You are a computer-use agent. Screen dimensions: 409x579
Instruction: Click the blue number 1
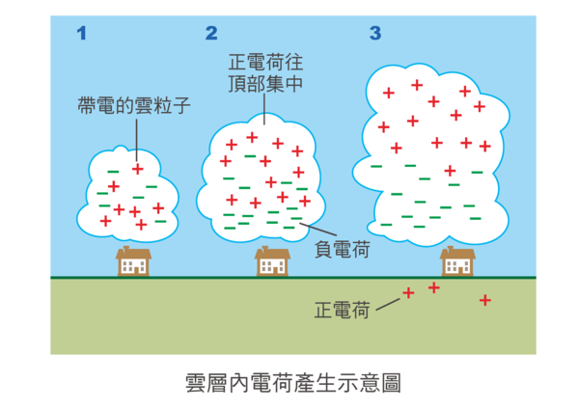(x=82, y=34)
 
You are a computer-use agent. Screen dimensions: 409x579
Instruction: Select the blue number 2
(x=211, y=34)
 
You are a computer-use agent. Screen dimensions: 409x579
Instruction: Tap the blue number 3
(x=374, y=34)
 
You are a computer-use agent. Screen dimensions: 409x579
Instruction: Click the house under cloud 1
(x=134, y=261)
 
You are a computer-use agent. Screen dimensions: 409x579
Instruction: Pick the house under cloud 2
(x=273, y=261)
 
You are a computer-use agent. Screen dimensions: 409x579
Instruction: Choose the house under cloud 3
(x=456, y=261)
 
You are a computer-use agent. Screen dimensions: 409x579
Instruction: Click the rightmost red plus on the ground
(x=485, y=301)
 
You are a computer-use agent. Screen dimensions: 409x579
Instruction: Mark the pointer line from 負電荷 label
(x=315, y=232)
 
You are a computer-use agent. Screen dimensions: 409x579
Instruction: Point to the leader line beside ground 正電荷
(x=386, y=303)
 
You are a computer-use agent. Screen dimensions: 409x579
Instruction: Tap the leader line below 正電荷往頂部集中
(x=262, y=108)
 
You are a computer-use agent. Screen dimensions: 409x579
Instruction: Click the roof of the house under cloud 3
(x=456, y=252)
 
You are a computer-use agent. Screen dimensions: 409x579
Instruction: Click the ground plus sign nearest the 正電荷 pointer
(x=408, y=292)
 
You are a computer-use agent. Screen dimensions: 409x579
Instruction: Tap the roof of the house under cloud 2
(x=273, y=252)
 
